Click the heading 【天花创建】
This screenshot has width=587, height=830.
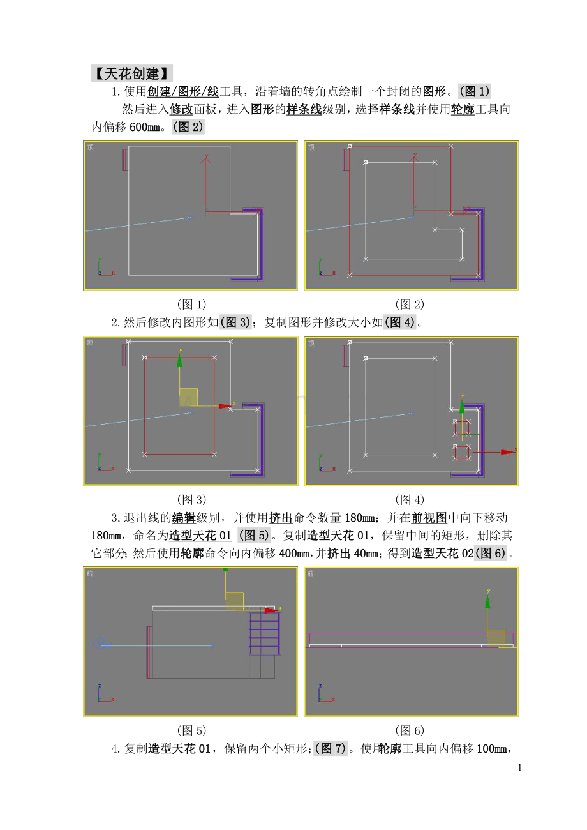pos(131,73)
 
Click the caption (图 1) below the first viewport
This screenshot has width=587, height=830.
pos(191,304)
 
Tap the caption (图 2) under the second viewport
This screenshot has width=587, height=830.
pos(410,304)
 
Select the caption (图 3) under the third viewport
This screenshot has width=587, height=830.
pos(191,499)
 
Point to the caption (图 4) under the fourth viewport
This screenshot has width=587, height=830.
pos(410,499)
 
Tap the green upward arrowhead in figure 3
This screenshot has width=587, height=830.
pos(180,361)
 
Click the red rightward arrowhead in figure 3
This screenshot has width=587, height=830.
pos(225,406)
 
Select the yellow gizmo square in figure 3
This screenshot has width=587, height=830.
pos(188,397)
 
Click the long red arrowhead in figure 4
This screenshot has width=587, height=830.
pos(507,452)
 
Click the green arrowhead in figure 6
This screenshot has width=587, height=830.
pos(487,601)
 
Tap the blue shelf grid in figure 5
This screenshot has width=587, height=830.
pos(264,634)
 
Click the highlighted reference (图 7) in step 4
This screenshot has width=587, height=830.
pos(331,748)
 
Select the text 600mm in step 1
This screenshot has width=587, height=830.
pos(144,127)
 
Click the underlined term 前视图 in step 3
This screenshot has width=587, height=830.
pos(429,518)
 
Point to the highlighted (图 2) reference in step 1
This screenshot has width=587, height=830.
pos(188,126)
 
